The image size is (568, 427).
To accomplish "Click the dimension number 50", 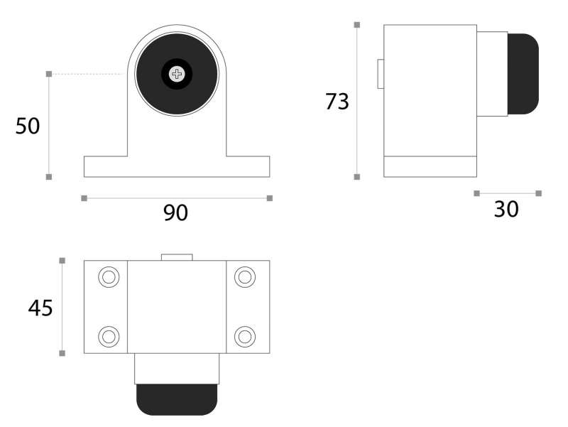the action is coord(28,126).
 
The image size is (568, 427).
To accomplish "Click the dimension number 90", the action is coord(175,212).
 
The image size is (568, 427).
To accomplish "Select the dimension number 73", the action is coord(337,102).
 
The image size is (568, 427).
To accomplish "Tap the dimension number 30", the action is coord(506,209).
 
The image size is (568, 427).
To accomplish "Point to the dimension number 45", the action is coord(40,308).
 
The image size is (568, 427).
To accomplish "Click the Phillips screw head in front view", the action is coord(177,74).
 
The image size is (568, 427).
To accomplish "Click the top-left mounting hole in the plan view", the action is coord(109,277).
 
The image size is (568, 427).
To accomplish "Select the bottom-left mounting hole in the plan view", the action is coord(109,336).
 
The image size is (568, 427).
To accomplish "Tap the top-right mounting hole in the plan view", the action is coord(245,277).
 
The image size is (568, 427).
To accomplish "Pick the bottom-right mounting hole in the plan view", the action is coord(245,336).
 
